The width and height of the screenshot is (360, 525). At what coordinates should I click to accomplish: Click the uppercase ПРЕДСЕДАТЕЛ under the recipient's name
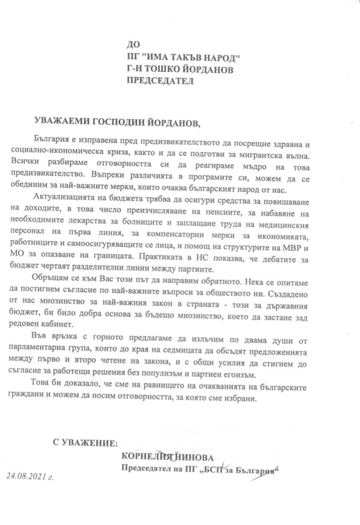click(160, 81)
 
